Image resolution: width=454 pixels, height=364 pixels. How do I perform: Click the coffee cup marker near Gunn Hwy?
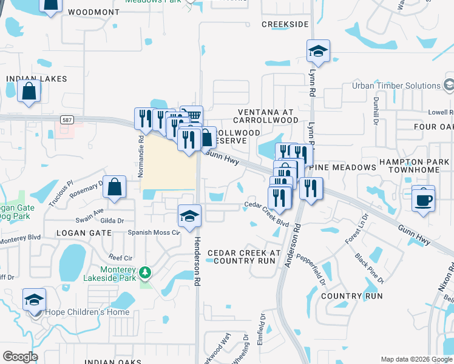point(423,198)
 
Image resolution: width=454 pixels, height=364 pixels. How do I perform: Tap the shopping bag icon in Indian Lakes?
point(29,92)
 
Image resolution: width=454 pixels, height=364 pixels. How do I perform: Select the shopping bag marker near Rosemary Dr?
point(114,188)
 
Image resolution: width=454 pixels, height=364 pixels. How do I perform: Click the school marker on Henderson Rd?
point(189,216)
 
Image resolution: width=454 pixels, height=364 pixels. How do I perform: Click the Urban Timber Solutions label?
point(396,86)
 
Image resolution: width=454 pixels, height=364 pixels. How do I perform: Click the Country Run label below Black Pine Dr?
point(351,296)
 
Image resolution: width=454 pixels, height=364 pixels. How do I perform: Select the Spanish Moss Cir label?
point(154,232)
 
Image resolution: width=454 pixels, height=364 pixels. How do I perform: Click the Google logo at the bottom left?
point(20,357)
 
